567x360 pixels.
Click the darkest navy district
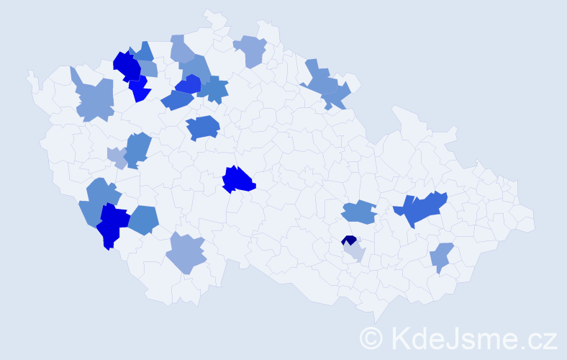click(x=349, y=240)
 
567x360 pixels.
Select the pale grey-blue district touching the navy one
click(x=355, y=251)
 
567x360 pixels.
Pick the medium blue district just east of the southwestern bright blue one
click(x=143, y=219)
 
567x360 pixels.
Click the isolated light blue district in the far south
click(x=186, y=253)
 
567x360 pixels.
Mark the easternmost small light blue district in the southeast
click(x=441, y=256)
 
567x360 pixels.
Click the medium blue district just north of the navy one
click(x=358, y=212)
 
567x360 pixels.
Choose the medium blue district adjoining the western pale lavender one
click(x=137, y=149)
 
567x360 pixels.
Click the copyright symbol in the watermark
click(x=371, y=338)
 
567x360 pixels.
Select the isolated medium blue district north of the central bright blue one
click(x=203, y=127)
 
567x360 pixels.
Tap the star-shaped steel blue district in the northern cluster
click(x=214, y=90)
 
